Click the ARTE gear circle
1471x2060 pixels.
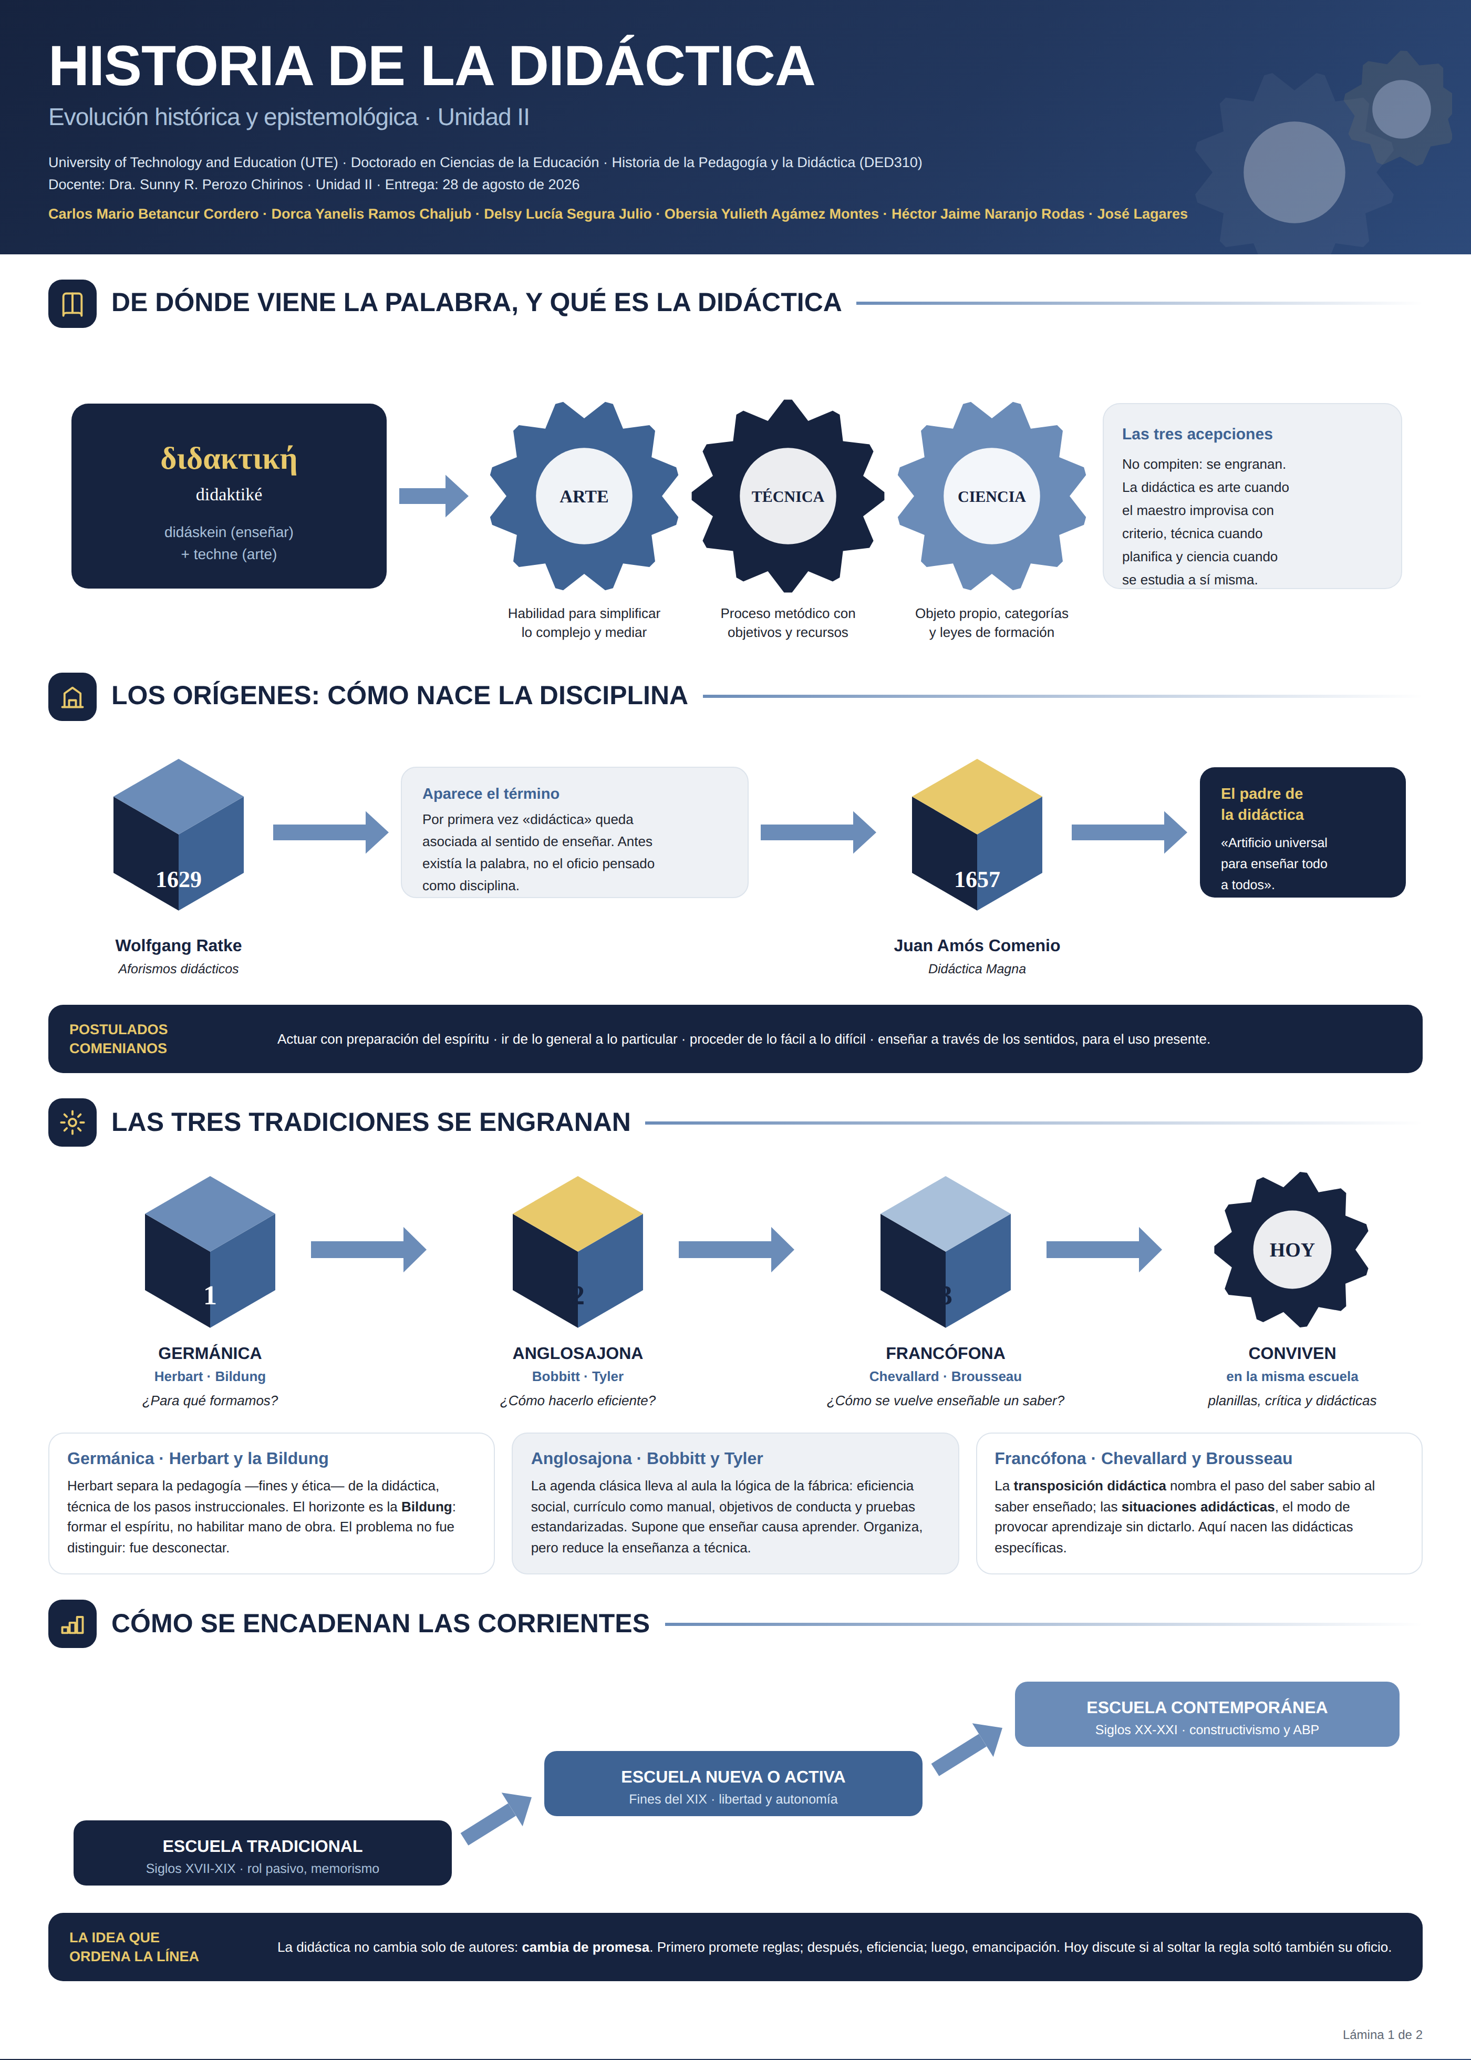pos(584,497)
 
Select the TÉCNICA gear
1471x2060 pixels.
pos(788,497)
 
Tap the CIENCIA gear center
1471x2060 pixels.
pos(992,497)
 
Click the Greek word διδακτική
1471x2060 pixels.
pos(229,458)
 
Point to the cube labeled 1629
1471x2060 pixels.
pos(179,835)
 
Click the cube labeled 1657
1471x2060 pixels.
pos(977,835)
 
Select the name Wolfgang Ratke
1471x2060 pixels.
pos(179,945)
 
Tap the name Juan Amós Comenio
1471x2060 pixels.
pos(977,945)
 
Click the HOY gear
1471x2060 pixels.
pos(1292,1249)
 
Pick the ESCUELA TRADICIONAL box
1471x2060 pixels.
pos(263,1852)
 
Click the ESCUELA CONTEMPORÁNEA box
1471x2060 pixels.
pos(1207,1714)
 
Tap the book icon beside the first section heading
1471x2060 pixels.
pos(72,303)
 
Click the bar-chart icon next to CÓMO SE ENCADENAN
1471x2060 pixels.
pos(72,1623)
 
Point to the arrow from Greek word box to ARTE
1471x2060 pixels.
pos(434,496)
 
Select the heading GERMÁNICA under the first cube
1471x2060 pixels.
pos(210,1353)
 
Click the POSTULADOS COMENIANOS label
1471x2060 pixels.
pos(119,1038)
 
